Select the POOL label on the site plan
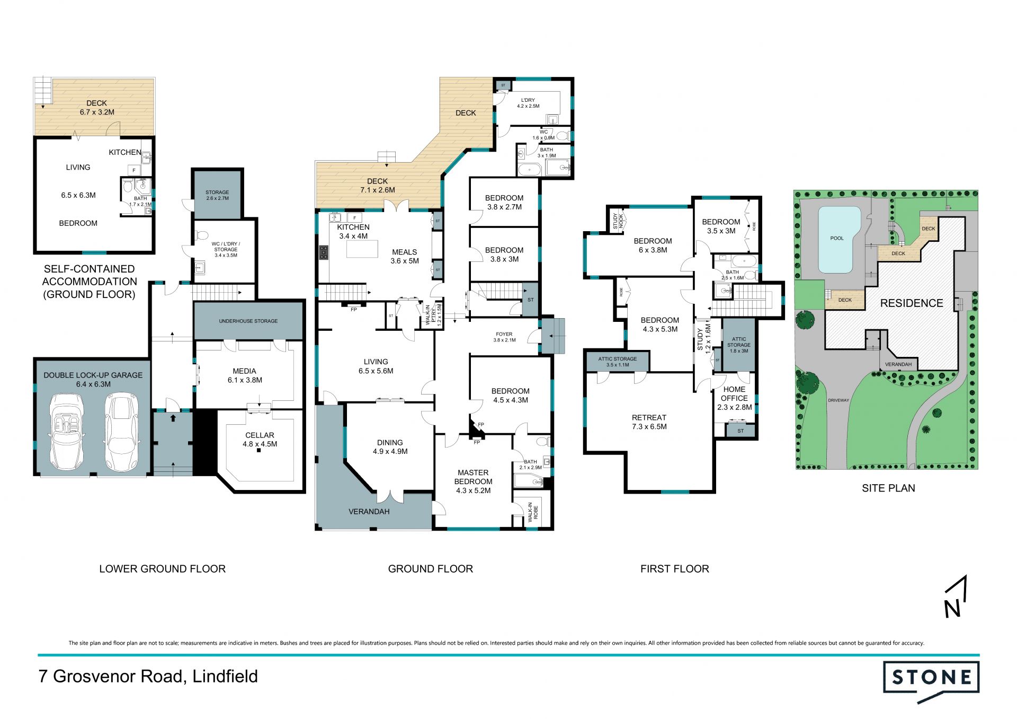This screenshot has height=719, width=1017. coord(837,238)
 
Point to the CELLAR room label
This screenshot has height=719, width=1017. coord(260,435)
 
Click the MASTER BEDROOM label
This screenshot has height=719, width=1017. coord(473,477)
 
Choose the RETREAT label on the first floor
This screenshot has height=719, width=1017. coord(649,417)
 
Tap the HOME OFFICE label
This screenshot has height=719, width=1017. coord(734,393)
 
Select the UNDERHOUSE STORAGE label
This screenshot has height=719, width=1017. coord(248,321)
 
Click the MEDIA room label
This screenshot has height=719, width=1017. coord(244,371)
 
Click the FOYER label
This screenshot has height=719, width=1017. coord(504,334)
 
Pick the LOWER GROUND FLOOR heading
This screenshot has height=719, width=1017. coord(163,569)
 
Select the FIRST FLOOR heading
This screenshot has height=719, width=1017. coord(674,569)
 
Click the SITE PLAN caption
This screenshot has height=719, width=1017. coord(888,488)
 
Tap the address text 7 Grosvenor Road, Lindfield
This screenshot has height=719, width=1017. coord(148,677)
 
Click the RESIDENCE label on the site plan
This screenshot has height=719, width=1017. coord(912,303)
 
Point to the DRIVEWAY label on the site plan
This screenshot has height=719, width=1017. coord(838,400)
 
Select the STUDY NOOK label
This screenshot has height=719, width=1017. coord(618,221)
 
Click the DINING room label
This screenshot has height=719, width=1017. coord(390,443)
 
